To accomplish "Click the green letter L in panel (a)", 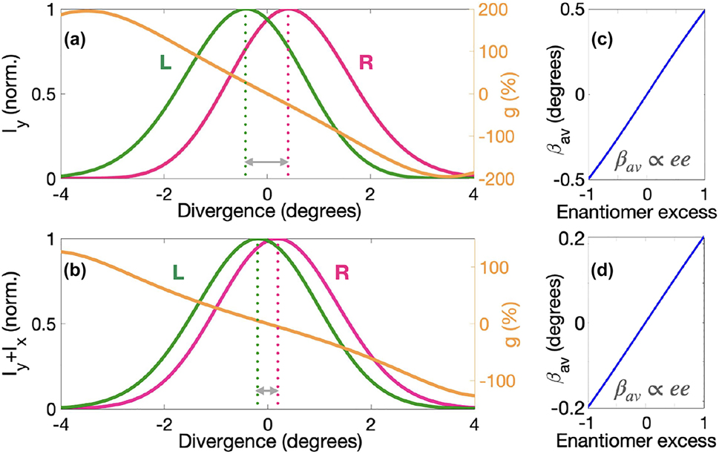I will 166,64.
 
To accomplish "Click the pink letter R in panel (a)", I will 365,64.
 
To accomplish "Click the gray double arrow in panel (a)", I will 266,162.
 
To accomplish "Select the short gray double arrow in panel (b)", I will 266,390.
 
